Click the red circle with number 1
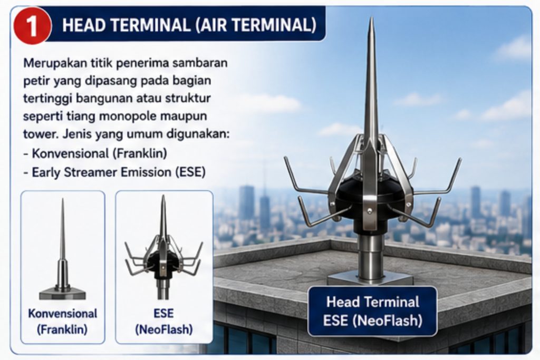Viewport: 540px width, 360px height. click(32, 25)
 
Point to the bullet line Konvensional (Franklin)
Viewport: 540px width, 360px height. click(95, 153)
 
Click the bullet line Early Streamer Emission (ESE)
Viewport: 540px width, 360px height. click(114, 172)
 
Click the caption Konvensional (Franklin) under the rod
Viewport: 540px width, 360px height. click(62, 322)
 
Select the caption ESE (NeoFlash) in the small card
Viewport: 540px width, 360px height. click(163, 322)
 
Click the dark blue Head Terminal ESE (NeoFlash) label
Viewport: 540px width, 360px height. click(372, 311)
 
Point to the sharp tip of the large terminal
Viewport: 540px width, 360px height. click(372, 18)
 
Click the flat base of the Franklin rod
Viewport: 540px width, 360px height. click(62, 293)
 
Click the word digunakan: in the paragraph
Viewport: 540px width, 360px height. click(198, 134)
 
